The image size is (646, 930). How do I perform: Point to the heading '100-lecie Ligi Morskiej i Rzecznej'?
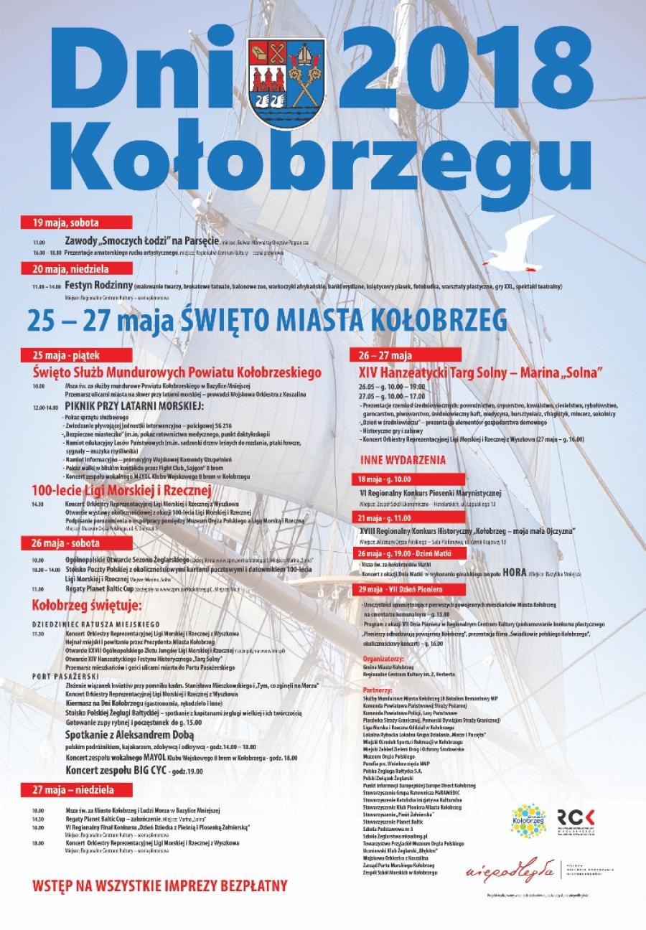121,491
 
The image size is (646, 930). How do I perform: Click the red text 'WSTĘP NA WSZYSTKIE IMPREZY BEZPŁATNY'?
160,884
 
